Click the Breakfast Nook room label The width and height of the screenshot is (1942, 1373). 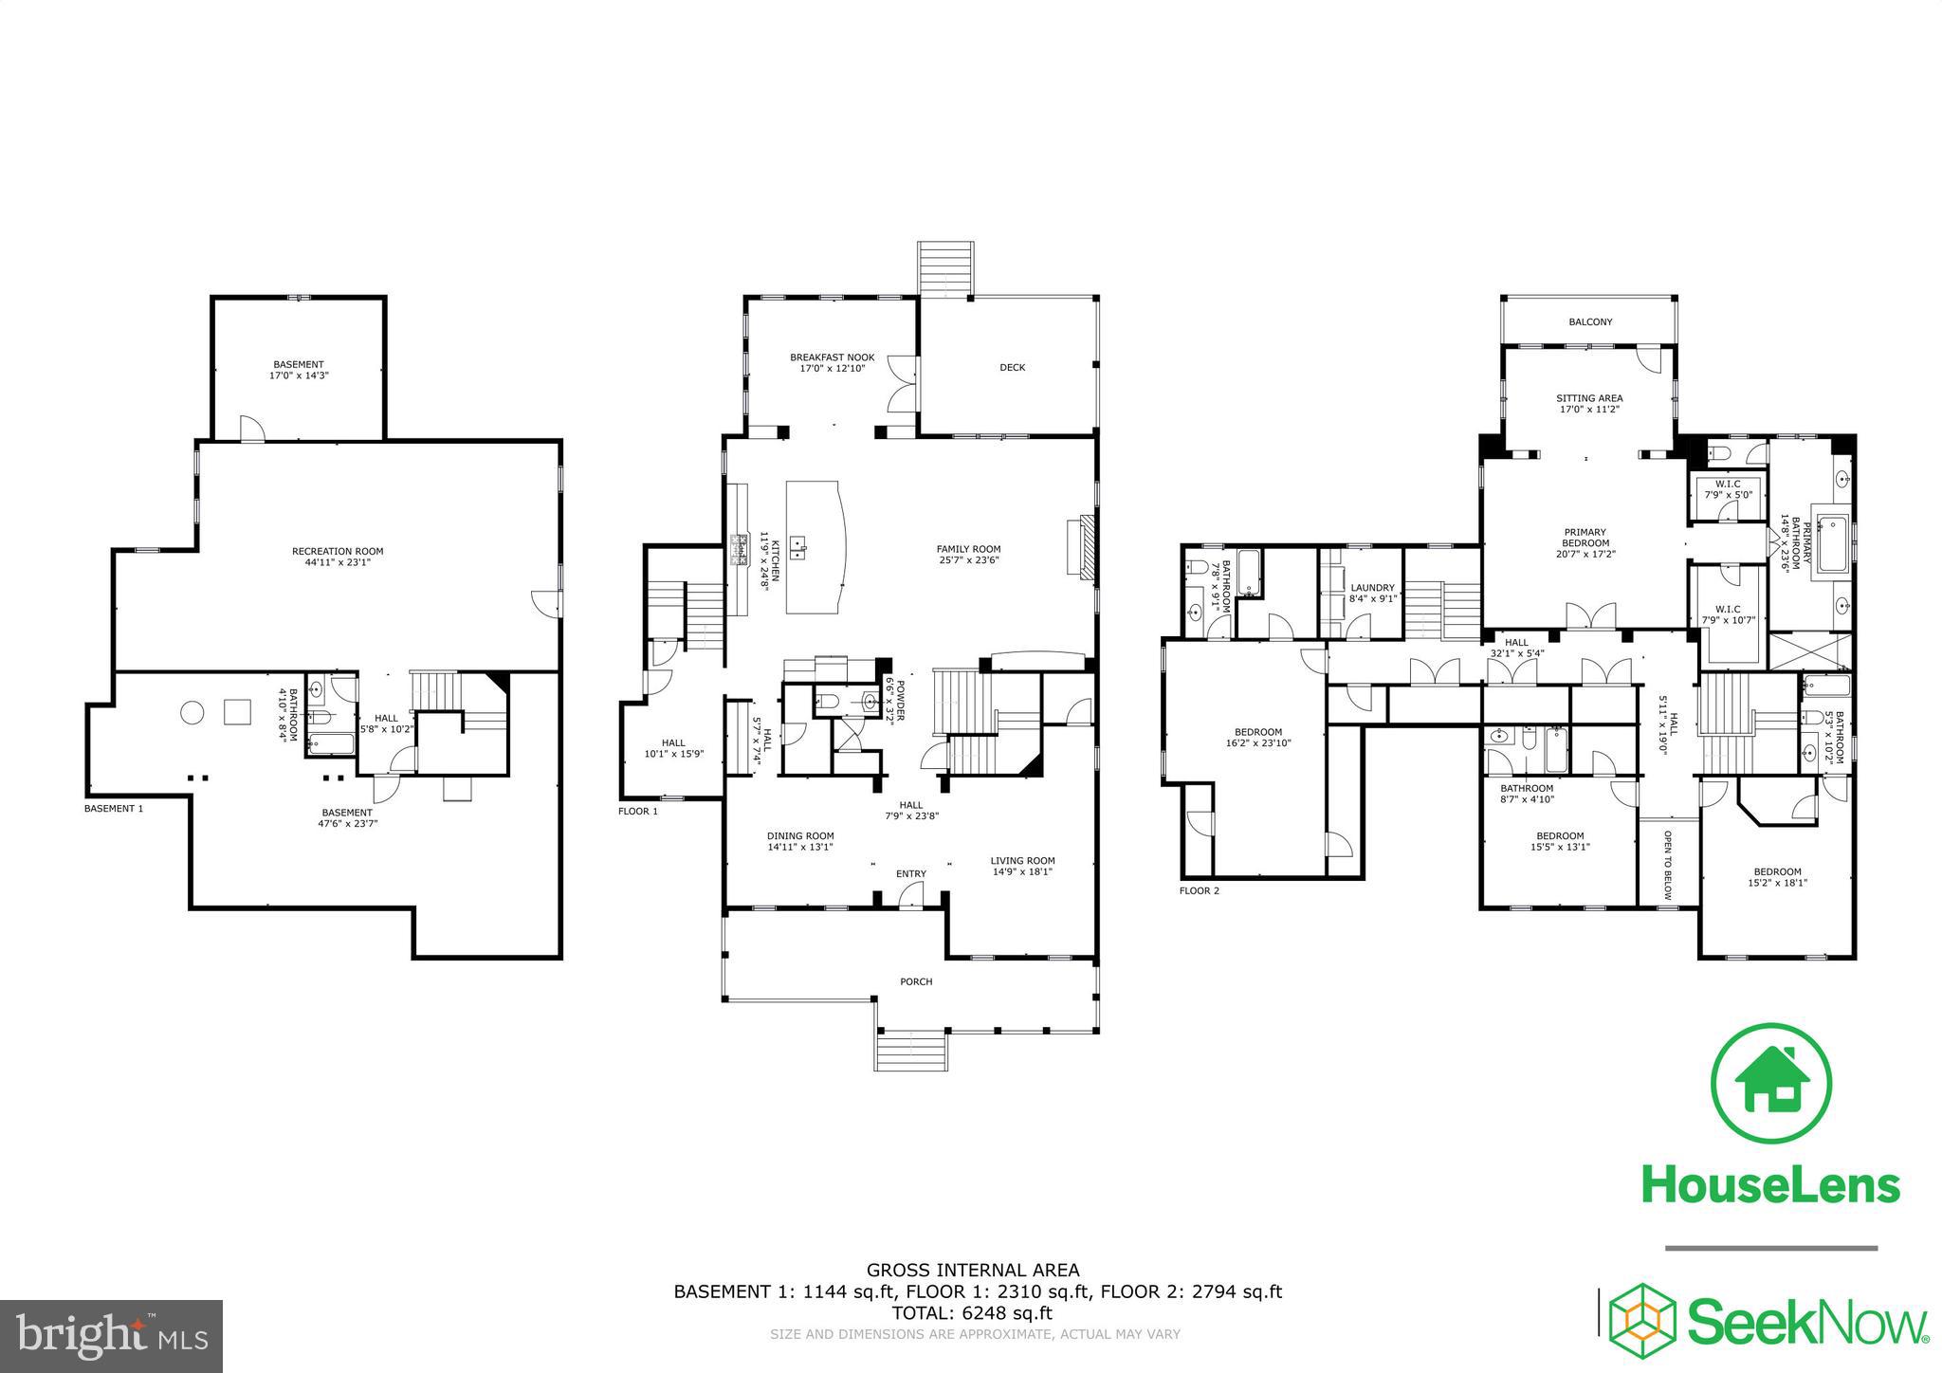coord(833,357)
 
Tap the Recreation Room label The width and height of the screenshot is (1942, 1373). coord(338,551)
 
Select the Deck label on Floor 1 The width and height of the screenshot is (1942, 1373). coord(1013,367)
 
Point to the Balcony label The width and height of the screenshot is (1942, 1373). coord(1590,322)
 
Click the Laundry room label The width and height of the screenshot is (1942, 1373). coord(1372,588)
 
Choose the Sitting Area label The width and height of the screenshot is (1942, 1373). coord(1589,398)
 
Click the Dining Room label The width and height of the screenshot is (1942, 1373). coord(800,836)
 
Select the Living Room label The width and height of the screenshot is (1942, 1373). coord(1022,861)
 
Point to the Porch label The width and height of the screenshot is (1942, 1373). coord(916,981)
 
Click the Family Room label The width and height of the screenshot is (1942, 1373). coord(968,549)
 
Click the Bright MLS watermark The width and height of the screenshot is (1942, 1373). coord(112,1335)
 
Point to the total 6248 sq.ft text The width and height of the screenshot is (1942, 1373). coord(972,1313)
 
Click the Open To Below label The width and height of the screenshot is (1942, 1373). coord(1669,866)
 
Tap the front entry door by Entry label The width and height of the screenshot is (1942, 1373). coord(911,893)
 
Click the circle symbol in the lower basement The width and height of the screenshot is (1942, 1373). coord(192,712)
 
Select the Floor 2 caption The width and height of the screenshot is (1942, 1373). coord(1200,890)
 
